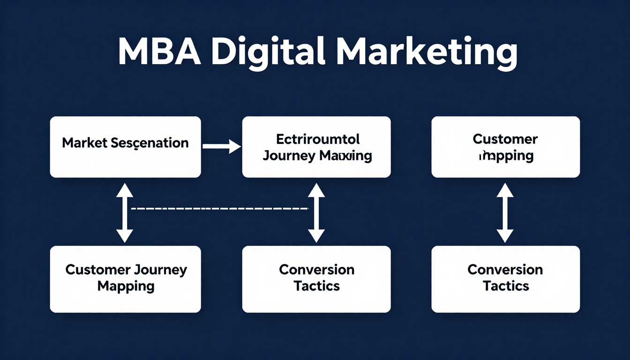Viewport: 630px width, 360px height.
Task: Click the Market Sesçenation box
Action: click(x=125, y=147)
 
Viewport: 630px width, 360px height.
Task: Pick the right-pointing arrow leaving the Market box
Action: click(x=222, y=147)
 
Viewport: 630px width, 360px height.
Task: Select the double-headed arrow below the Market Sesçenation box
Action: click(x=124, y=213)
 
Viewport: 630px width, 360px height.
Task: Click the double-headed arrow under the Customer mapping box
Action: click(x=505, y=213)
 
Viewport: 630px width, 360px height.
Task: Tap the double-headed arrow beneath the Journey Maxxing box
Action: click(x=316, y=213)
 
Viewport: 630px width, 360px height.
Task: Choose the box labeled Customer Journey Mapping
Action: click(x=125, y=279)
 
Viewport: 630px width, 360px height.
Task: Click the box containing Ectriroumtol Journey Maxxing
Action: click(x=316, y=147)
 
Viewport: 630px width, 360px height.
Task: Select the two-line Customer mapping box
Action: click(x=505, y=147)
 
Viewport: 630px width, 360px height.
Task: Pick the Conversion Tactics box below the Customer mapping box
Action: click(x=505, y=279)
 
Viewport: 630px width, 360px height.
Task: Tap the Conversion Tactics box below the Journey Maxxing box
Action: click(x=316, y=279)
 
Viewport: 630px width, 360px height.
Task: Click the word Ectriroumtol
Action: click(x=317, y=139)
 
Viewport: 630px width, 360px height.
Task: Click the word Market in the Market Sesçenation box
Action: click(x=84, y=143)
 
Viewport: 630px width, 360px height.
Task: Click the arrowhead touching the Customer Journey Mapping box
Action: click(x=124, y=236)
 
